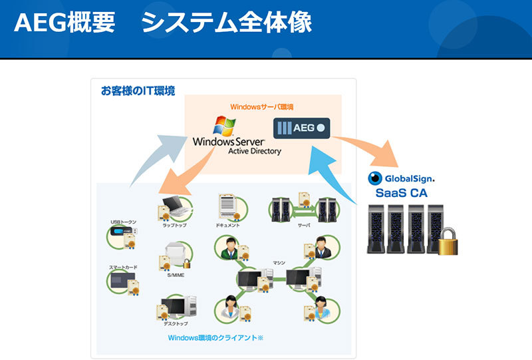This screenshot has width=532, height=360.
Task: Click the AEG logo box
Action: (301, 126)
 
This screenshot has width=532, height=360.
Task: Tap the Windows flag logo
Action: (223, 127)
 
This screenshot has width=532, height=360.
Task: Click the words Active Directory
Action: (254, 151)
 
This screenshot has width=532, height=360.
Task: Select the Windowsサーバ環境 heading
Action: (262, 106)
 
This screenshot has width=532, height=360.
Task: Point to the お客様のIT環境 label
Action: (138, 90)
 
